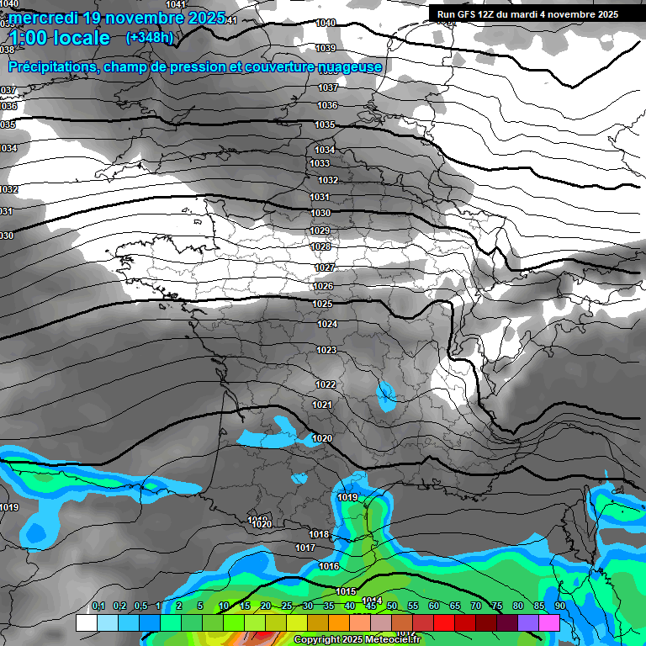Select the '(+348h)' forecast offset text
click(x=150, y=37)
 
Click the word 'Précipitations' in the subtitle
click(x=50, y=67)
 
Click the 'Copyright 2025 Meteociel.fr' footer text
click(x=357, y=640)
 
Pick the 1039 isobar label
click(x=326, y=48)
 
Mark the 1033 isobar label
click(x=320, y=163)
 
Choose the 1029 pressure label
click(x=320, y=230)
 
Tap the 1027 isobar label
click(x=325, y=267)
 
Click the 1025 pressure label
click(x=322, y=304)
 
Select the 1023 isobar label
click(x=326, y=350)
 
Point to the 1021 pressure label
click(x=321, y=405)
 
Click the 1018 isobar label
click(x=318, y=534)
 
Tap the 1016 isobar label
click(x=329, y=566)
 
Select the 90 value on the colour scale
click(x=560, y=606)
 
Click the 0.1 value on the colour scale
click(x=98, y=606)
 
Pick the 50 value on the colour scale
click(x=392, y=606)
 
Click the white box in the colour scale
click(x=86, y=622)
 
